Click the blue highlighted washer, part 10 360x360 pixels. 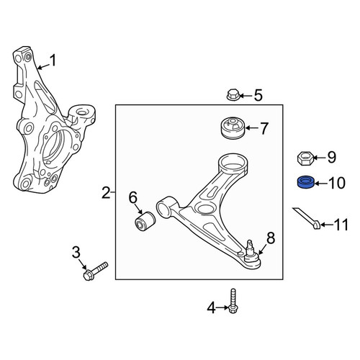[306, 183]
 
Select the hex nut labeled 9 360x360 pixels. [305, 158]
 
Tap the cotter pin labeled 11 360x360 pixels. [307, 218]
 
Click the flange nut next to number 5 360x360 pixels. [233, 95]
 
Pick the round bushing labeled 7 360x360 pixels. [233, 128]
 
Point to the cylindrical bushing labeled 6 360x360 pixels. [145, 221]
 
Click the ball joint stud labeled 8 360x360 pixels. [251, 254]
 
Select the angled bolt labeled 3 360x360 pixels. [96, 271]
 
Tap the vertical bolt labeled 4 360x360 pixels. [233, 301]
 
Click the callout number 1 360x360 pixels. [53, 60]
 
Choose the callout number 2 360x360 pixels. [106, 193]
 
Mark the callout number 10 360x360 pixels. [337, 184]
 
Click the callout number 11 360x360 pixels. [341, 225]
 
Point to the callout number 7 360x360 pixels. [264, 128]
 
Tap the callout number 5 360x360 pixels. [258, 96]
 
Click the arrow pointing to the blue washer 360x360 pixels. [321, 184]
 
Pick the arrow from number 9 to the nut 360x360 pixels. [319, 158]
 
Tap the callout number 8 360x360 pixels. [271, 238]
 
